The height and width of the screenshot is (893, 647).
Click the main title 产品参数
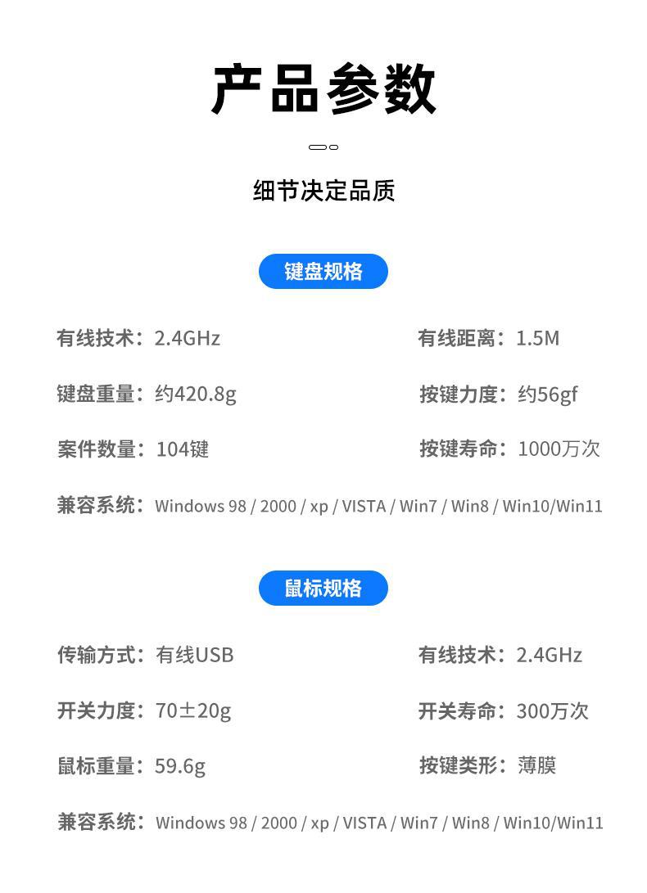pyautogui.click(x=323, y=89)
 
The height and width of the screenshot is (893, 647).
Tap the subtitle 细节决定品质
pyautogui.click(x=323, y=191)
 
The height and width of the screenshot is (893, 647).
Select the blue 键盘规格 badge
pyautogui.click(x=323, y=272)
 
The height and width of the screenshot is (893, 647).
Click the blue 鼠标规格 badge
pyautogui.click(x=323, y=589)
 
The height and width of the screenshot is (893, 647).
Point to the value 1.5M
pyautogui.click(x=537, y=338)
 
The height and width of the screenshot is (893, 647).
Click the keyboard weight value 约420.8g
pyautogui.click(x=196, y=394)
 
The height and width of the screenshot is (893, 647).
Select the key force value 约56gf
pyautogui.click(x=547, y=394)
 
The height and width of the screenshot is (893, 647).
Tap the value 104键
pyautogui.click(x=183, y=449)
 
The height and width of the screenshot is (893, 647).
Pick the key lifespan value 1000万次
pyautogui.click(x=559, y=449)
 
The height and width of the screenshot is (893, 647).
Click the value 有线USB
pyautogui.click(x=195, y=655)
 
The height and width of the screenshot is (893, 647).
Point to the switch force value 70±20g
pyautogui.click(x=193, y=710)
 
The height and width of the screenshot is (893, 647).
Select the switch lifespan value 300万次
pyautogui.click(x=552, y=710)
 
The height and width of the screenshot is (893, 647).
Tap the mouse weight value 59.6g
pyautogui.click(x=180, y=766)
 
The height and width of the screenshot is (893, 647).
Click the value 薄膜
pyautogui.click(x=536, y=765)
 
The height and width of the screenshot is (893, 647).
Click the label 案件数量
pyautogui.click(x=96, y=449)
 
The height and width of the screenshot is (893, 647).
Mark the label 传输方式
pyautogui.click(x=96, y=655)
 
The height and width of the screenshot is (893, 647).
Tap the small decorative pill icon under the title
pyautogui.click(x=323, y=147)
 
